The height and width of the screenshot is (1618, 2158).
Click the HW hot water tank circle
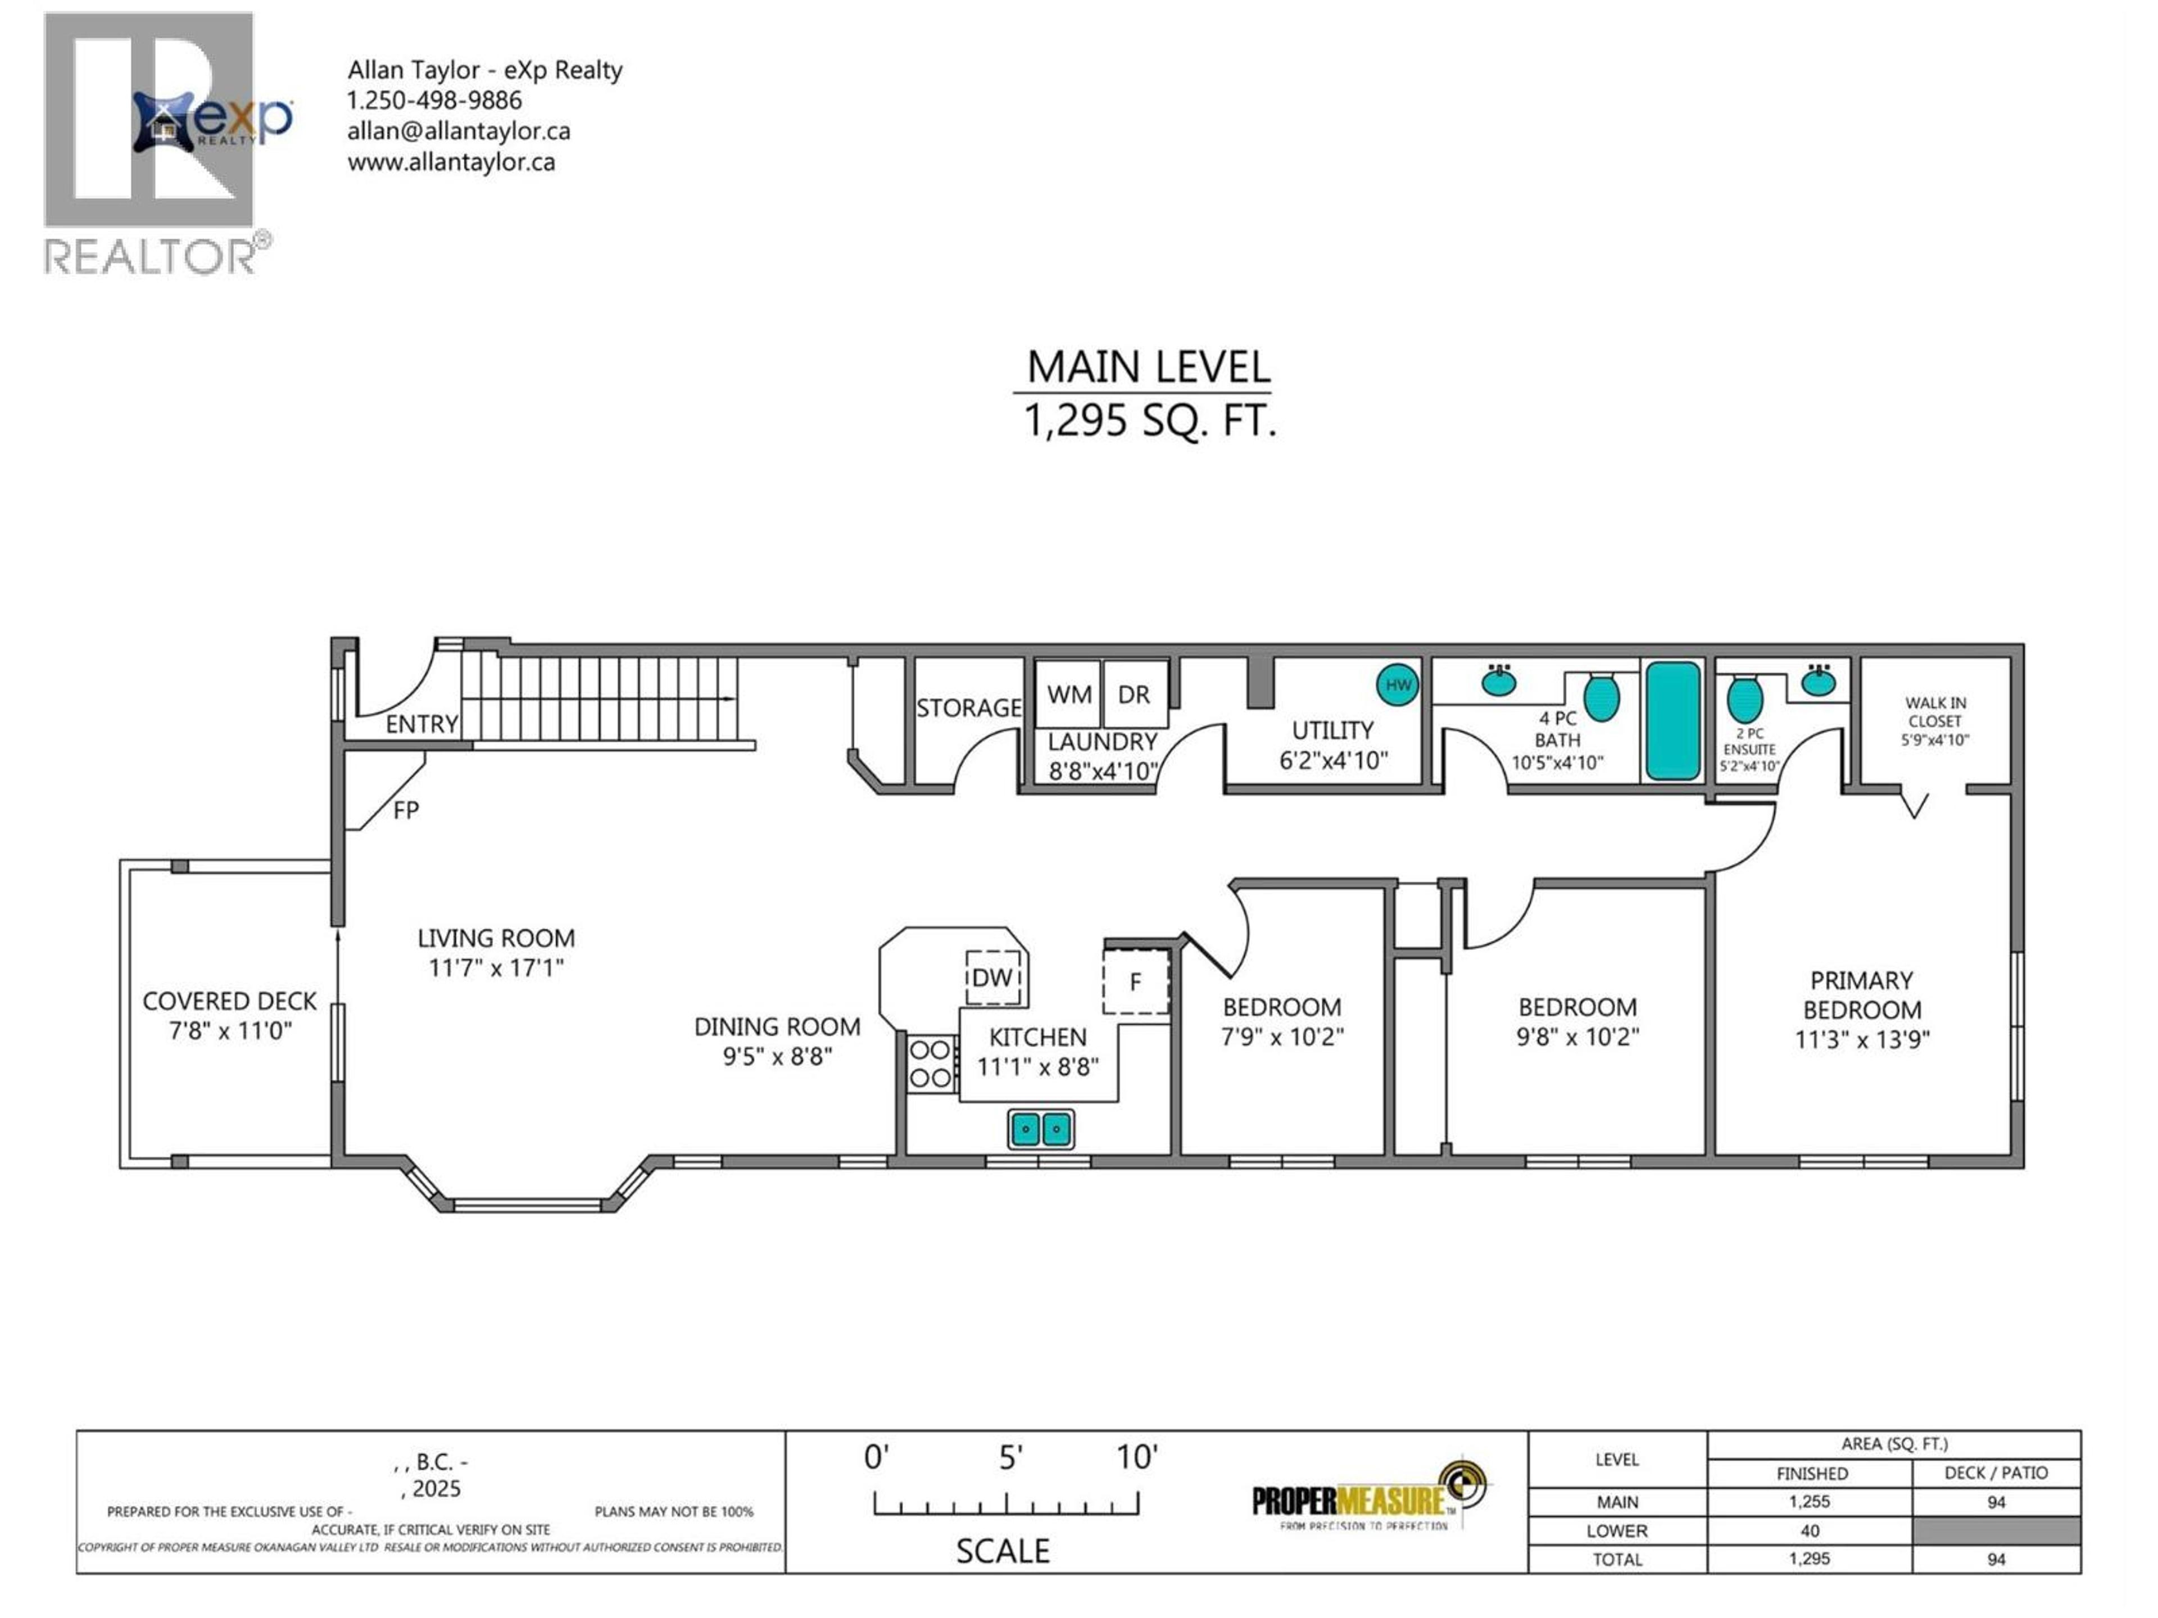coord(1397,685)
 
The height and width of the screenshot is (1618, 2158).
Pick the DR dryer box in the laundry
coord(1134,694)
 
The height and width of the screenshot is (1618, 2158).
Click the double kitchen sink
coord(1041,1129)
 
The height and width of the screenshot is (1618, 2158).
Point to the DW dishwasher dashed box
coord(993,977)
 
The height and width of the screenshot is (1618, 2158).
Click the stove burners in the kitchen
coord(930,1063)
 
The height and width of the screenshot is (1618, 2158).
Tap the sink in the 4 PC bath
coord(1498,681)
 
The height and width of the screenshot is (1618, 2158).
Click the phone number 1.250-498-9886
coord(434,101)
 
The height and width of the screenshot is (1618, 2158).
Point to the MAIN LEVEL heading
coord(1148,367)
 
